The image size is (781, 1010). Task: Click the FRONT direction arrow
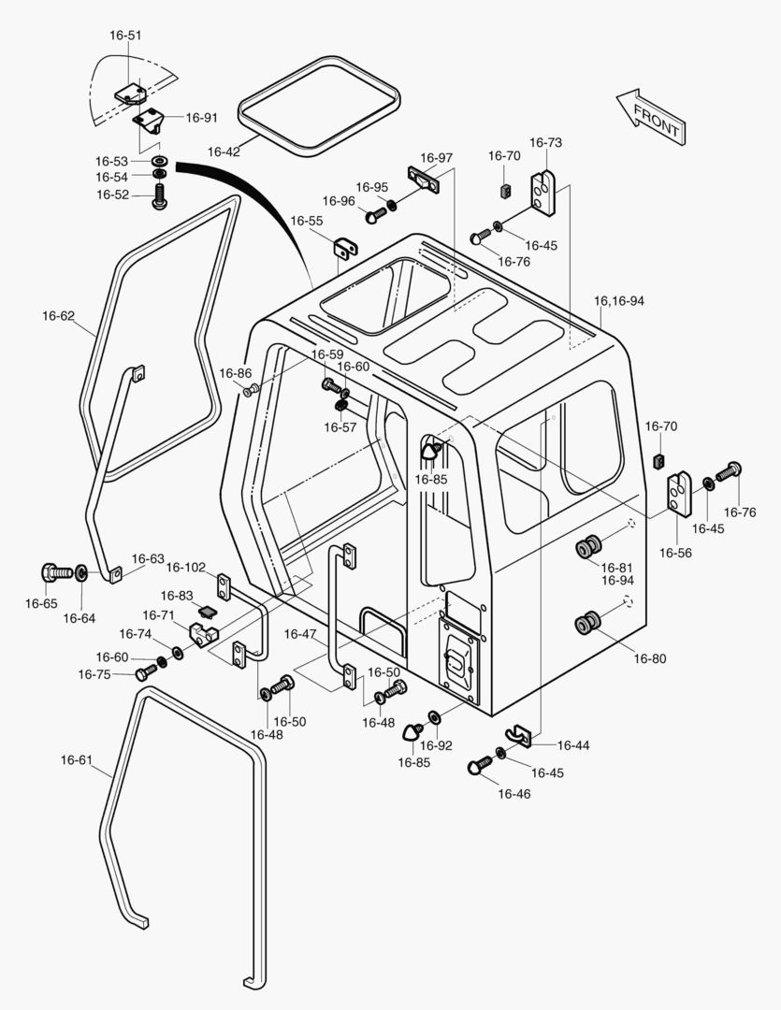(x=650, y=116)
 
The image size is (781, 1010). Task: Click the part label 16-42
(x=224, y=151)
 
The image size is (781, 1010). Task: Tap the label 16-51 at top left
(x=125, y=36)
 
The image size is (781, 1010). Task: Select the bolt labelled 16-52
(x=158, y=195)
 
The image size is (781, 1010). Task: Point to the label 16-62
(x=58, y=316)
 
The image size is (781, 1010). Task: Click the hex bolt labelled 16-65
(x=55, y=571)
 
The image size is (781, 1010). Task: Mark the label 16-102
(x=185, y=567)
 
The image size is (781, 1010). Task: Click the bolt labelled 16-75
(x=144, y=673)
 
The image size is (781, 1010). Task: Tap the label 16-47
(x=300, y=635)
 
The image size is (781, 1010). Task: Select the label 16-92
(x=436, y=745)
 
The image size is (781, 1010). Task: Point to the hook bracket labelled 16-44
(x=520, y=735)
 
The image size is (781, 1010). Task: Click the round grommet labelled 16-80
(x=591, y=623)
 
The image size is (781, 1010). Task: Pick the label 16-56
(x=676, y=553)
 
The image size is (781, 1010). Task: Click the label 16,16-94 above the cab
(x=619, y=301)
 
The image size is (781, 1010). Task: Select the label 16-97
(x=436, y=158)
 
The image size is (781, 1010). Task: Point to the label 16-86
(x=236, y=373)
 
